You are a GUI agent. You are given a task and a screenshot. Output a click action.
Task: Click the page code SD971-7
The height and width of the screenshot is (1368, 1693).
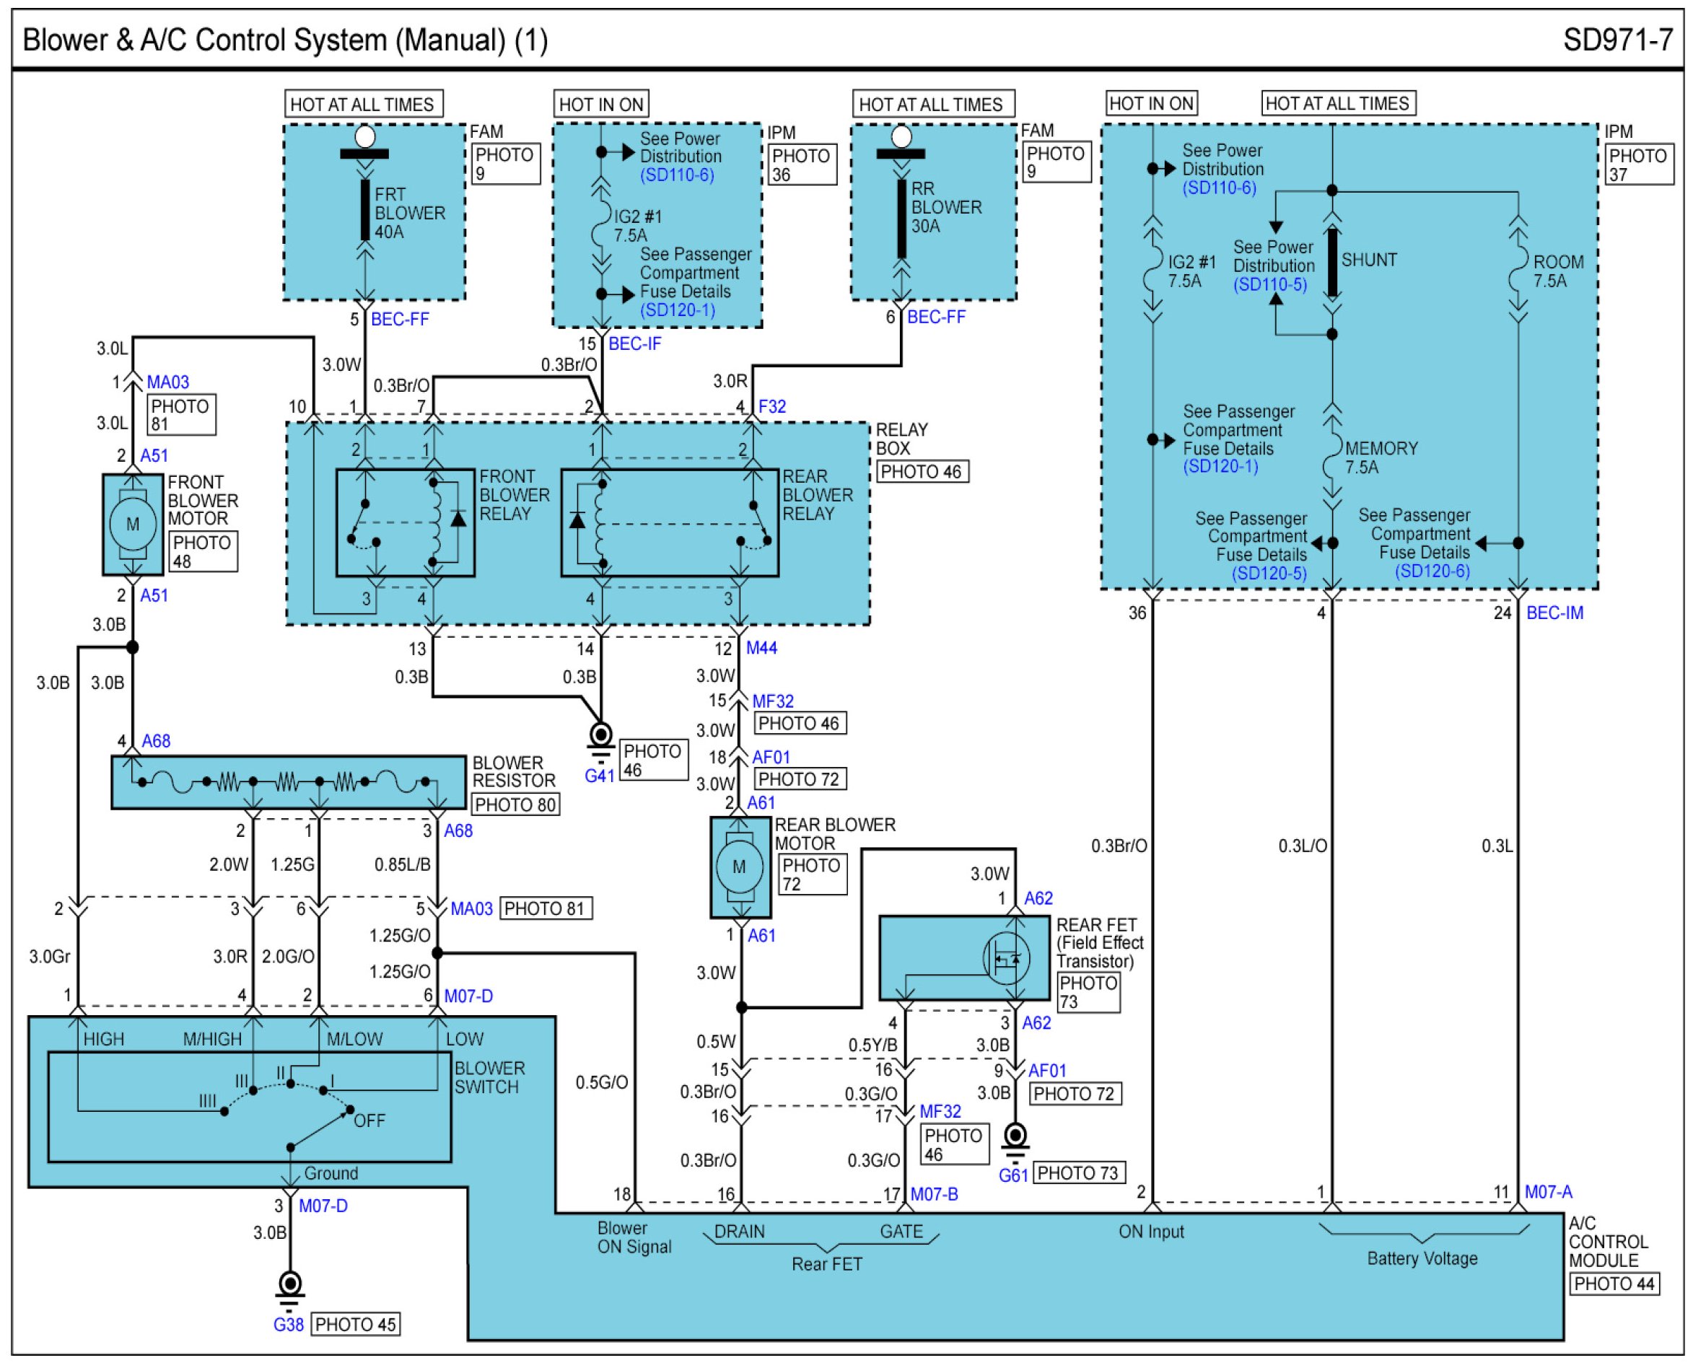click(1617, 40)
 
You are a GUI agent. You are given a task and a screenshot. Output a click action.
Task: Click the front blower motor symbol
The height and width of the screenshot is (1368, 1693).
click(132, 524)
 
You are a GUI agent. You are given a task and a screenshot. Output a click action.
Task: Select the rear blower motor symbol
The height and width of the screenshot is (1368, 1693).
click(739, 867)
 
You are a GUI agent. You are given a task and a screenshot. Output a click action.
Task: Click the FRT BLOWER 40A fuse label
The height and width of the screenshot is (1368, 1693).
click(409, 213)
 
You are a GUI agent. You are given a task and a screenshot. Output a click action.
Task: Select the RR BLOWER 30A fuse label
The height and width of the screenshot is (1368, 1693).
click(946, 207)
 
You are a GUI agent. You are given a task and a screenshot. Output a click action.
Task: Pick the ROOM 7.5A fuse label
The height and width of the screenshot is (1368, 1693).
click(1557, 271)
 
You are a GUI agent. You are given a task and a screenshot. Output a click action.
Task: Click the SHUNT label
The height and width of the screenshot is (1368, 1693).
click(1369, 260)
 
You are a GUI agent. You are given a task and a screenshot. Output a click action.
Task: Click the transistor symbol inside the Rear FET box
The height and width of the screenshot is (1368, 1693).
click(1007, 958)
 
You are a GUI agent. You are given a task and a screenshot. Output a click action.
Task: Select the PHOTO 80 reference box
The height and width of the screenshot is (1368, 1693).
click(515, 804)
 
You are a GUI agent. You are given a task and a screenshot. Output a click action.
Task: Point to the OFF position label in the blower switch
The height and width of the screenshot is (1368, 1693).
click(369, 1120)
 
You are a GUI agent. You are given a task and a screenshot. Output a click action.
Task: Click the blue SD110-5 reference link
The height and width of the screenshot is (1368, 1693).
click(1270, 284)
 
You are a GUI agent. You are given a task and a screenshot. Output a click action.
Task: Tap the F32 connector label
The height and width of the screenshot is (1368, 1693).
click(771, 407)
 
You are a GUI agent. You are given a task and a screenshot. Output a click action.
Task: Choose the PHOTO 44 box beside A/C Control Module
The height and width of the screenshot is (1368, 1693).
click(1614, 1284)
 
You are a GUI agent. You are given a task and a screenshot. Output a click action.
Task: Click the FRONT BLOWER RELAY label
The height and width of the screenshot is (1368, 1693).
click(514, 495)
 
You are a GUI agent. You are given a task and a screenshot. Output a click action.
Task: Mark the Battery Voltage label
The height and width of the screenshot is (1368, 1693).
click(1422, 1258)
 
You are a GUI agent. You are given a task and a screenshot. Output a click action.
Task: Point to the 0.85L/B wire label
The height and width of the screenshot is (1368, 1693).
click(402, 864)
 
